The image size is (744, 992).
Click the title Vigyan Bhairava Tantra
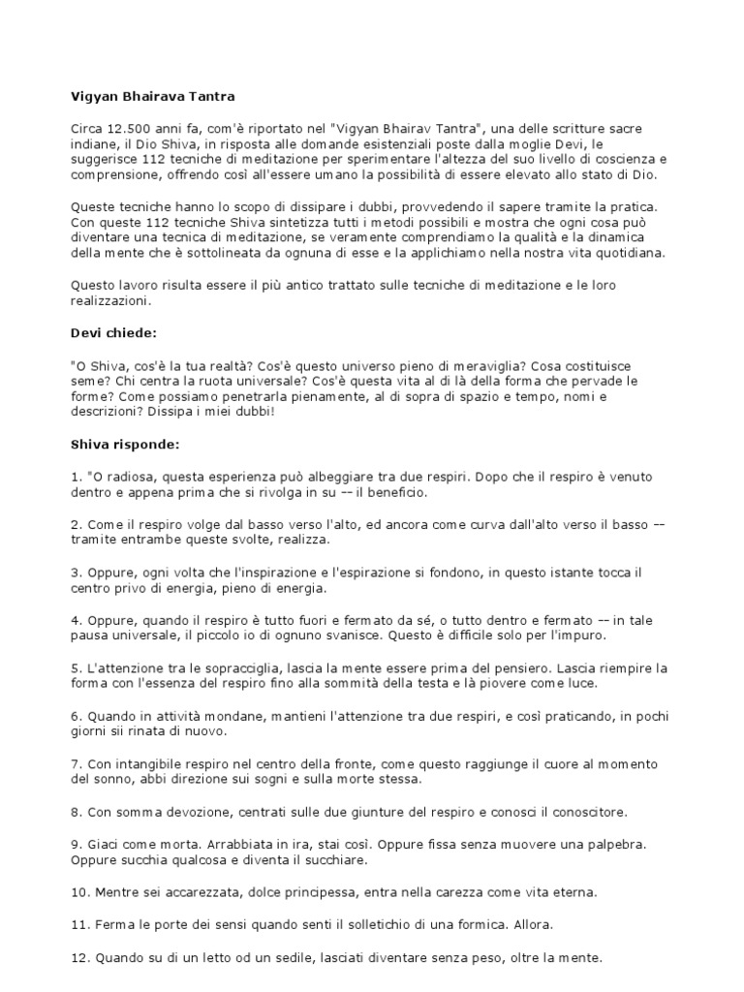153,97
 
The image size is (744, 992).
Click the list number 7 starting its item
76,763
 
